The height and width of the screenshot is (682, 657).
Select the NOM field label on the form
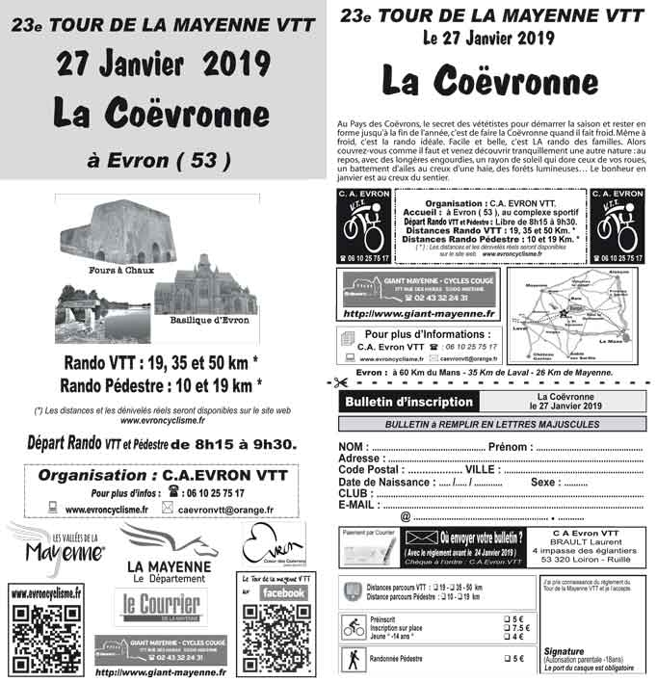pyautogui.click(x=354, y=447)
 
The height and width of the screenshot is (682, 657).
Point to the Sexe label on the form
pyautogui.click(x=545, y=482)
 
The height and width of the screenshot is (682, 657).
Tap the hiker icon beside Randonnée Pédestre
pyautogui.click(x=353, y=660)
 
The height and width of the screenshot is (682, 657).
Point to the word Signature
pyautogui.click(x=564, y=651)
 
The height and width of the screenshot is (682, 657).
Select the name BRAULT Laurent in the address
pyautogui.click(x=596, y=542)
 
